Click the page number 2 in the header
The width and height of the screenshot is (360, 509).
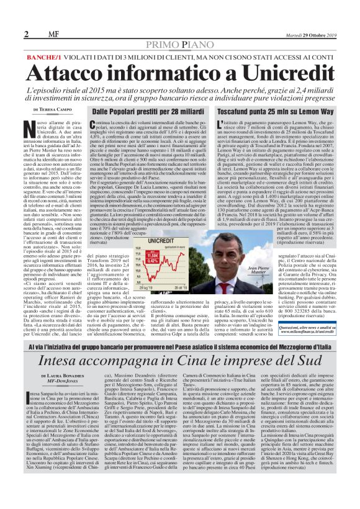point(27,34)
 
